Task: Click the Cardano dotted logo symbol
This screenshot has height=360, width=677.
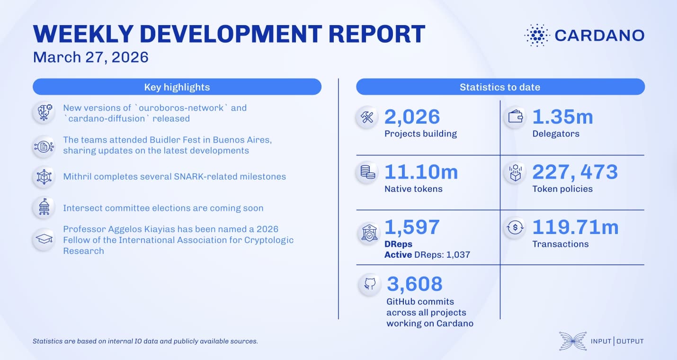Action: point(536,36)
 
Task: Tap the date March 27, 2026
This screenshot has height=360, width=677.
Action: point(90,57)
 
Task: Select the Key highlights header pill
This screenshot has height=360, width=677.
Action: point(177,87)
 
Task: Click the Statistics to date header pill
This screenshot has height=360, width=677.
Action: point(500,87)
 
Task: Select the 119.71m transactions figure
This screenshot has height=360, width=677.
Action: point(575,227)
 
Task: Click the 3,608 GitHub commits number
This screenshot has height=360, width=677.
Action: point(415,284)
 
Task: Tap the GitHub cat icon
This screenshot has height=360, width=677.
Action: point(370,284)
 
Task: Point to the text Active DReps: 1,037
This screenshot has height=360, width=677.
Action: point(427,255)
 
